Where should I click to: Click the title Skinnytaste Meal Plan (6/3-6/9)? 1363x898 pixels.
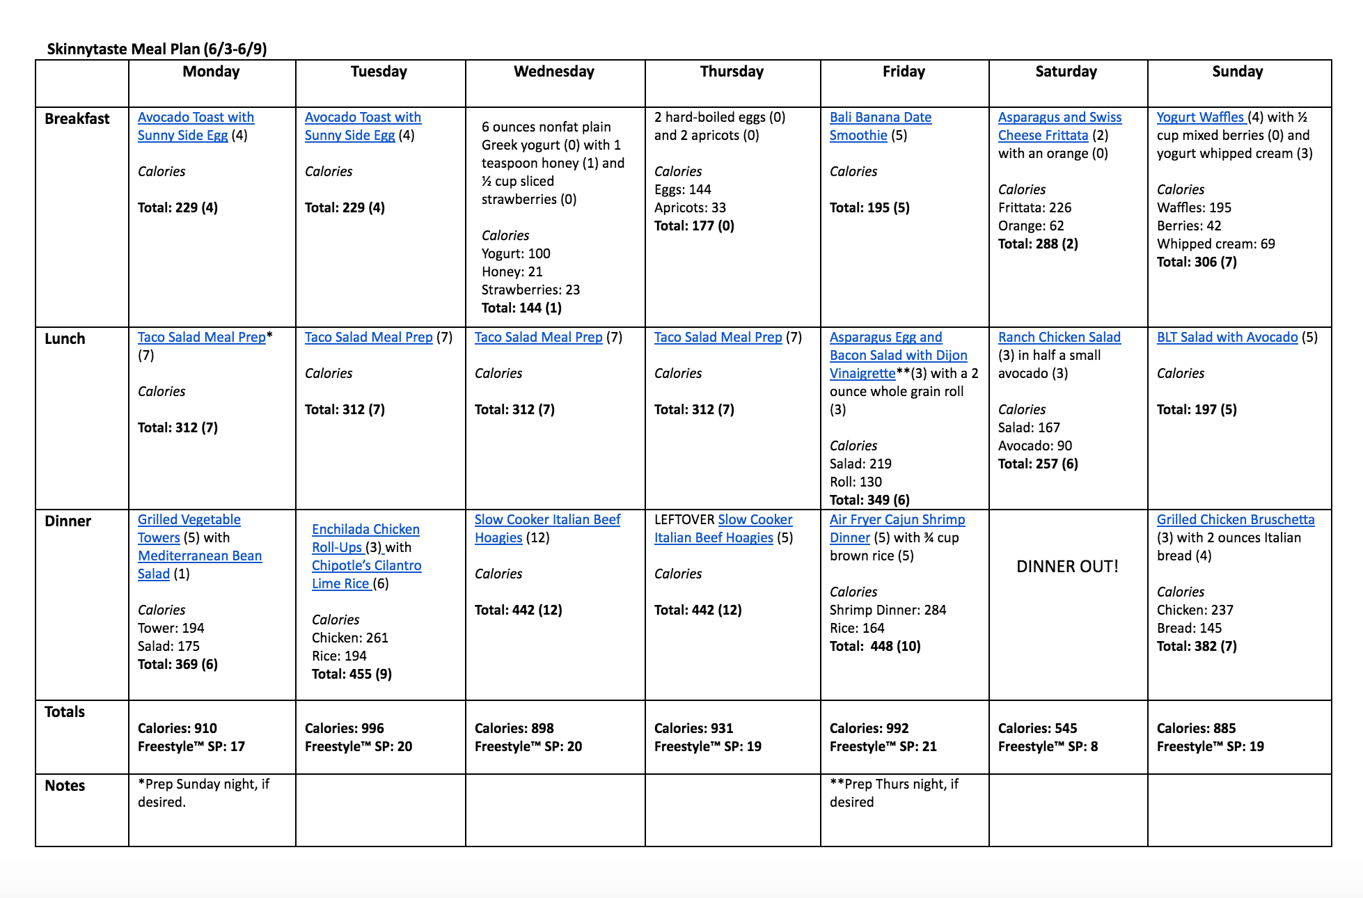(157, 49)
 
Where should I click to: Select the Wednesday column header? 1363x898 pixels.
(554, 72)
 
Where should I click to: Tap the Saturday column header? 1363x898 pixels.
(1066, 72)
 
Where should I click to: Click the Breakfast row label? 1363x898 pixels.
(77, 119)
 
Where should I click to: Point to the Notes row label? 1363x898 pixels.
(65, 786)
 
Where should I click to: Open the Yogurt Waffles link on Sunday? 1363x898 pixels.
(1199, 118)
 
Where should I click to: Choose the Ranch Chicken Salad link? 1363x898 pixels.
(1059, 338)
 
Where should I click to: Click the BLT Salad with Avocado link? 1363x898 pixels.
(1227, 338)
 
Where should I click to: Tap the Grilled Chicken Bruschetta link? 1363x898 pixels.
(1235, 520)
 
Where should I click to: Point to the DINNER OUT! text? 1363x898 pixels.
(1067, 567)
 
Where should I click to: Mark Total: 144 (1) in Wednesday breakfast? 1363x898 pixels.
(521, 308)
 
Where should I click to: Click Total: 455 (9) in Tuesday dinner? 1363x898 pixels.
(352, 675)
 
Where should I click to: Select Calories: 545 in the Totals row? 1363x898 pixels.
(1037, 729)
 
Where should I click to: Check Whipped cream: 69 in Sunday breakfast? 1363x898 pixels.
(1215, 244)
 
